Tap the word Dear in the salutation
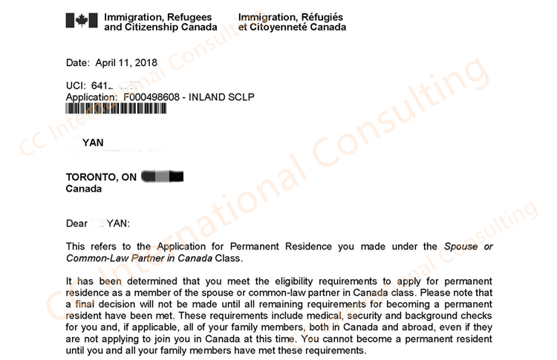(77, 223)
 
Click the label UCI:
(76, 85)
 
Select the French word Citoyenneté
(279, 27)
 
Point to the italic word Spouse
(462, 246)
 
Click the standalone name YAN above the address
(93, 143)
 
